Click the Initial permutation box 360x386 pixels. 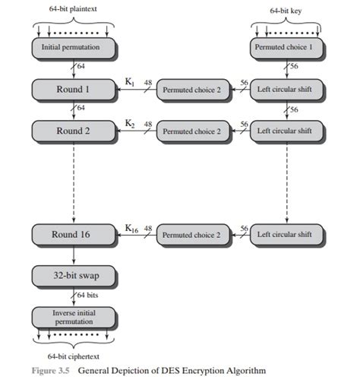tap(75, 48)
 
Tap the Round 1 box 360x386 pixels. tap(75, 90)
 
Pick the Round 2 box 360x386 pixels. tap(75, 131)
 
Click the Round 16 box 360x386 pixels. tap(75, 235)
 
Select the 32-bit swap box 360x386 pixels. tap(75, 277)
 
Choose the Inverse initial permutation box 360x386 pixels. tap(75, 316)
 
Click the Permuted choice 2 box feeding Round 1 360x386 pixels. tap(191, 90)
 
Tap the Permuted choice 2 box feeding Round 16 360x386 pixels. tap(191, 235)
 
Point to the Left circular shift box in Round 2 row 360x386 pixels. tap(284, 131)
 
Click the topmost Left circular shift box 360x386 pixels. tap(284, 90)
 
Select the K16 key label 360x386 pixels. tap(131, 228)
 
